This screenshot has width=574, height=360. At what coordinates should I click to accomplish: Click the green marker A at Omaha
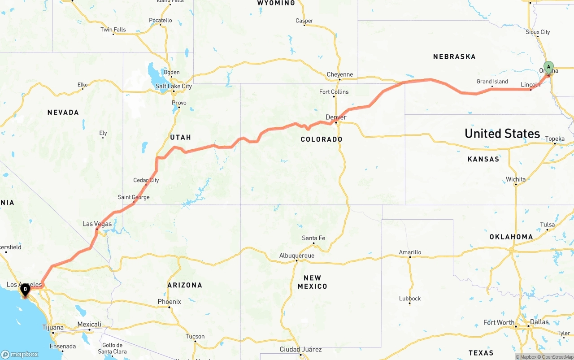coord(548,68)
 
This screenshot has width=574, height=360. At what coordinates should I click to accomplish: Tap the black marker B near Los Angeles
coord(25,290)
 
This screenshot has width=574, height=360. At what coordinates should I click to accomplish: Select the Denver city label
coord(336,117)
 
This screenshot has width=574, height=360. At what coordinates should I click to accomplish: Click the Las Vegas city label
coord(97,224)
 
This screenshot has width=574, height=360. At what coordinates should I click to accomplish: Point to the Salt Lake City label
coord(174,86)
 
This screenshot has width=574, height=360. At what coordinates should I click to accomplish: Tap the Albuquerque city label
coord(296,256)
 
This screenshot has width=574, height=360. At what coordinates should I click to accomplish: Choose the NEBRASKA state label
coord(454,57)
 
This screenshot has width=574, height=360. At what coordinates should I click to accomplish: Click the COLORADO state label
coord(322,139)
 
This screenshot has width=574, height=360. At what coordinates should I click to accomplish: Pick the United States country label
coord(502,134)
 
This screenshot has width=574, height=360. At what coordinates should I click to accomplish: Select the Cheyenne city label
coord(339,74)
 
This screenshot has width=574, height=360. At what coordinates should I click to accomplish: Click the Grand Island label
coord(492,82)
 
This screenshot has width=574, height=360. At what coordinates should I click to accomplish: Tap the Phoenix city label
coord(169,302)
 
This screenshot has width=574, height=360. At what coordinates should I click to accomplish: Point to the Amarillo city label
coord(410,252)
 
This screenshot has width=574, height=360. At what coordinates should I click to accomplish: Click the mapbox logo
coord(20,354)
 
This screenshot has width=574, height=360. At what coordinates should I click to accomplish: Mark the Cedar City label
coord(146,180)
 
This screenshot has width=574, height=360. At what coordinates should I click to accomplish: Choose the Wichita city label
coord(516,179)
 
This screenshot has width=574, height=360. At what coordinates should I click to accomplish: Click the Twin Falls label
coord(113,30)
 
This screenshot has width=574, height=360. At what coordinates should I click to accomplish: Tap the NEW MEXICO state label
coord(312,282)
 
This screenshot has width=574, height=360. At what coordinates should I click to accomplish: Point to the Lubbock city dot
coord(409,304)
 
